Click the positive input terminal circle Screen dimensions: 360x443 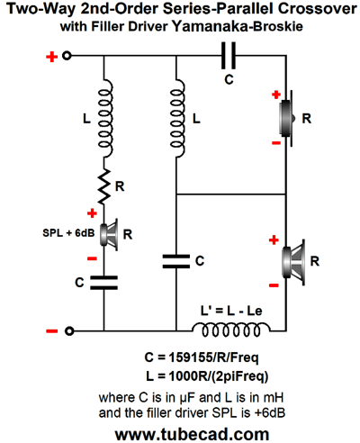67,56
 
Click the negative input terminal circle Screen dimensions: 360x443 69,331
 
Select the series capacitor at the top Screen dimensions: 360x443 229,56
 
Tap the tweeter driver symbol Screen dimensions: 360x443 287,118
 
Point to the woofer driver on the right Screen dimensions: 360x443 293,262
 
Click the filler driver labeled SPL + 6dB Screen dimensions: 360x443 108,234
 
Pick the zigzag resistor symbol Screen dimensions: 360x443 104,186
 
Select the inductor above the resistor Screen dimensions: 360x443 105,118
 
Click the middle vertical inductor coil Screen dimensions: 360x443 177,118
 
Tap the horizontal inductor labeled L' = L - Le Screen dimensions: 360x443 231,330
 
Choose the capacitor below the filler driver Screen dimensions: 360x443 104,283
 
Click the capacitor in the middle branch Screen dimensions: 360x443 176,261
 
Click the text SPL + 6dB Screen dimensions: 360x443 68,233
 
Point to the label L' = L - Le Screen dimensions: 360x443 231,311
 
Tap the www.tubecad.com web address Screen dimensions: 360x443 192,434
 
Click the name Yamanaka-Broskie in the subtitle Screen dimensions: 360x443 238,26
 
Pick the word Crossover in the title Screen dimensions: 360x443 318,8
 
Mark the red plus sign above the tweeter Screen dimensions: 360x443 276,95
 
